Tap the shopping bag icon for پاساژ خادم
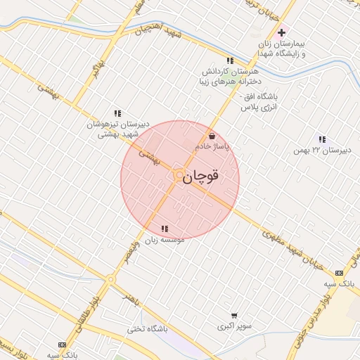tap(212, 136)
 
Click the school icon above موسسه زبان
tap(165, 229)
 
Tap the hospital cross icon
tap(282, 32)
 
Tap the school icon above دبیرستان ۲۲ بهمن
tap(322, 139)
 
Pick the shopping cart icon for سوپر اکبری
tap(234, 316)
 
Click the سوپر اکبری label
tap(230, 327)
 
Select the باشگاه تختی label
tap(146, 329)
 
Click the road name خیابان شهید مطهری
tap(295, 247)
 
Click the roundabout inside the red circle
tap(179, 176)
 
